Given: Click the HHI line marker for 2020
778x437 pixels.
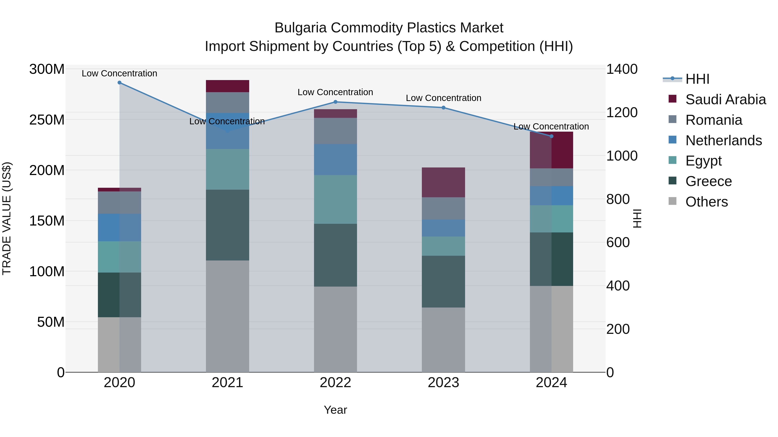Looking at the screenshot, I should click(119, 83).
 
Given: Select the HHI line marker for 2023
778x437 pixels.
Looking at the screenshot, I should click(443, 108).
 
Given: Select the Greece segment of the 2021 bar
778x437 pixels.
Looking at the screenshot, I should click(227, 225).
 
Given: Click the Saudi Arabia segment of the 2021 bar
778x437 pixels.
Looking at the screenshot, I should click(227, 86).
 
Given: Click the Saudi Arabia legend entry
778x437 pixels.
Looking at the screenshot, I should click(725, 99).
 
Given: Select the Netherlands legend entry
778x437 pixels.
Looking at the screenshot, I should click(724, 140).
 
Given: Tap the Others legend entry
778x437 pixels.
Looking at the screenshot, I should click(706, 202).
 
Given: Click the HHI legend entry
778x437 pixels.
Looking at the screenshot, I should click(697, 79).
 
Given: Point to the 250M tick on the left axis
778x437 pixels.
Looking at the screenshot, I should click(47, 120).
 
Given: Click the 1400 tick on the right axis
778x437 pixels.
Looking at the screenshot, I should click(622, 69).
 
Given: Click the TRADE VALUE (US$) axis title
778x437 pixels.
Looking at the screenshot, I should click(7, 218).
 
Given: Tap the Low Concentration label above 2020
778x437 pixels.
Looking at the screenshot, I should click(119, 73).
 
